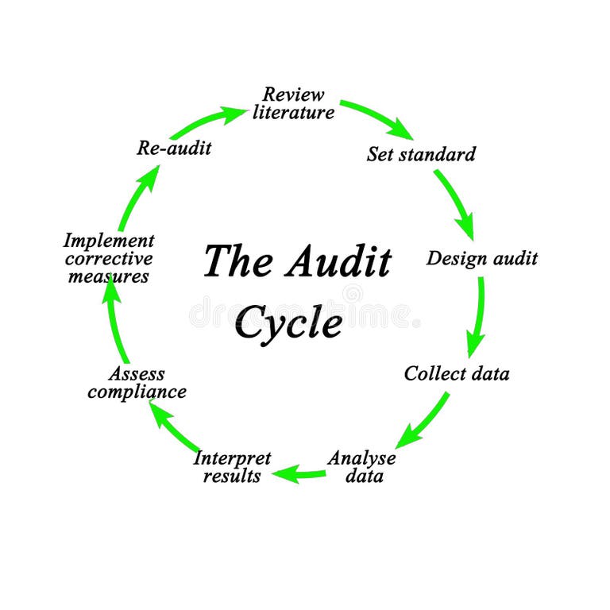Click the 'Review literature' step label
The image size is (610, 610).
pos(293,103)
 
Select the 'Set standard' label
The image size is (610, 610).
pos(421,153)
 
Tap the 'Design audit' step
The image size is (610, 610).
pos(481,258)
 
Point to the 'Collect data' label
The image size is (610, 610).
pos(456,373)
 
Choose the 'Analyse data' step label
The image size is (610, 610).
pos(361,467)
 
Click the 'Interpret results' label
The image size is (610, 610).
pos(232,467)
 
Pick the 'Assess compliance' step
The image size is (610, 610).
pos(137,382)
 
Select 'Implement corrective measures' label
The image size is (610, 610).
pos(108,258)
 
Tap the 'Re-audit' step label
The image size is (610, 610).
pos(174,147)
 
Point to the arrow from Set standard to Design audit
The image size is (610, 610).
pos(455,202)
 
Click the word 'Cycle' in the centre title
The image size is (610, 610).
pos(288,321)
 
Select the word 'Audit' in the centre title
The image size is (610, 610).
pos(339,261)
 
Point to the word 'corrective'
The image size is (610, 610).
pos(108,258)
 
